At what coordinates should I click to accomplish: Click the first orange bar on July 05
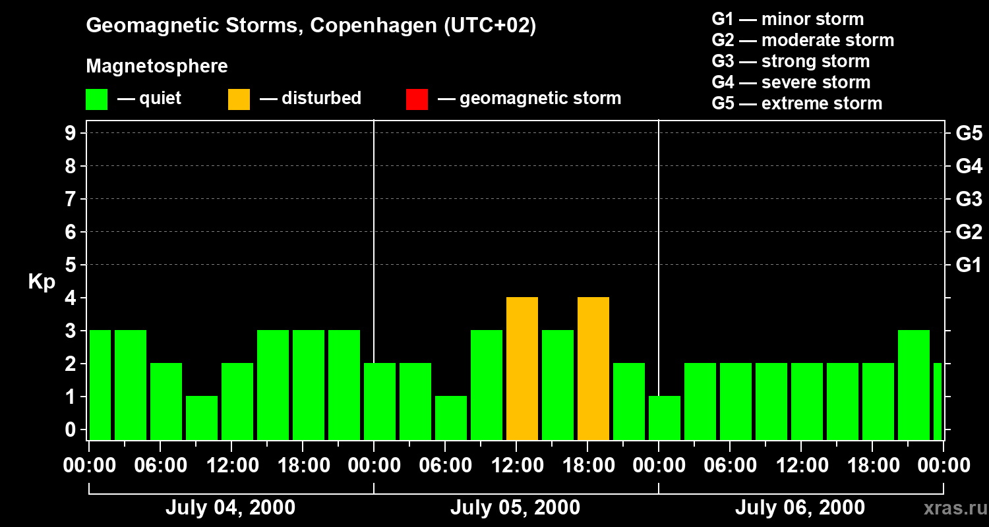522,369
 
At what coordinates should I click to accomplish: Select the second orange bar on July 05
593,369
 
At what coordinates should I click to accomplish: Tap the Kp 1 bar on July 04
202,418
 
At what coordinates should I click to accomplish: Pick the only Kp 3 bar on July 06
914,385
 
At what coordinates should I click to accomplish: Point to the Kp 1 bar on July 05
451,418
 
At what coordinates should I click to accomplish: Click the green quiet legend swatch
97,99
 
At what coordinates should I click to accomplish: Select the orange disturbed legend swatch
239,99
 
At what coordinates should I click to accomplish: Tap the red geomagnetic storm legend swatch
417,99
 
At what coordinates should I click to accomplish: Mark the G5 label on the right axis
969,134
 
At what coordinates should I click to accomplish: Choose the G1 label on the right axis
969,265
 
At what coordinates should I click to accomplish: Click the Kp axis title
42,282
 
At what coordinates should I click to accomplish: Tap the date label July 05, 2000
515,508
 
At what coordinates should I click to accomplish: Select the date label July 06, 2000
800,508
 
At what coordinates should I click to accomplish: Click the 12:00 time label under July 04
232,465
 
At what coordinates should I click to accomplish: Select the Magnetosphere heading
157,67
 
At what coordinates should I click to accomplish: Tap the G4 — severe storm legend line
791,82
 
